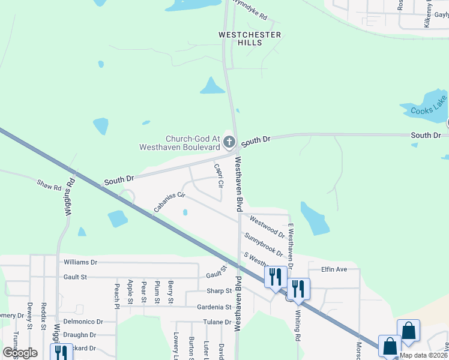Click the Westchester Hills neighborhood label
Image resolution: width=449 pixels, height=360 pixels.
249,39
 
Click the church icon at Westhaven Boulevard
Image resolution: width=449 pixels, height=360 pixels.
228,142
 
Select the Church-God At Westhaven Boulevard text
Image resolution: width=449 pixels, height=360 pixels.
179,142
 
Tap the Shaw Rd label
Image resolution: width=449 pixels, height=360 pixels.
49,185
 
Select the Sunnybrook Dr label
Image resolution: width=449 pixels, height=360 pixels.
264,245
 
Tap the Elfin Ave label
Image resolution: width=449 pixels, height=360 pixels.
334,269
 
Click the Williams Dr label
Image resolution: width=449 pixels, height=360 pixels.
80,262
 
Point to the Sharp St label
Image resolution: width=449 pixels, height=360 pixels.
220,291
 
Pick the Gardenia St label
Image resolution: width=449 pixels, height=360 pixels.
211,307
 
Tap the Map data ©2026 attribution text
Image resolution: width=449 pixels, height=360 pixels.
422,355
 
